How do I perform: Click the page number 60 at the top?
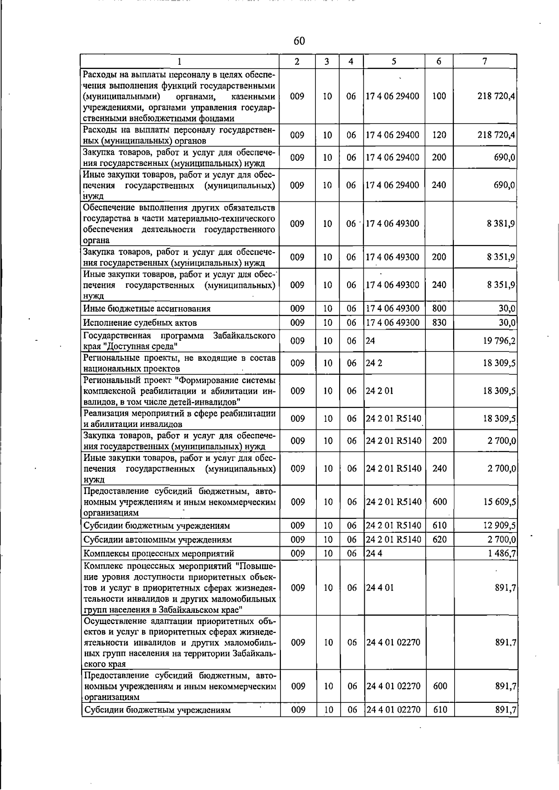coord(299,41)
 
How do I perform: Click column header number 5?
coord(394,61)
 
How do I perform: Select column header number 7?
coord(485,61)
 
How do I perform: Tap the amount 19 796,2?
coord(499,341)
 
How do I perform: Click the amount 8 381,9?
coord(501,224)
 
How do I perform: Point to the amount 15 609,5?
coord(499,502)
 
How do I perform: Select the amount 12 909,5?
coord(499,526)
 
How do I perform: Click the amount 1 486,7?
coord(501,554)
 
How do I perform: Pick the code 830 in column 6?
coord(439,323)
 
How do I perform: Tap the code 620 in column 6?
coord(439,540)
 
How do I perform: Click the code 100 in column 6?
coord(439,96)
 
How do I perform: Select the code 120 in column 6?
coord(439,135)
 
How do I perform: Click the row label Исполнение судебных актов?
coord(140,323)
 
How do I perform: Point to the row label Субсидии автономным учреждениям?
coord(157,540)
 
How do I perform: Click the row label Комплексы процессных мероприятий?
coord(158,554)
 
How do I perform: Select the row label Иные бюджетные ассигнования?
coord(147,309)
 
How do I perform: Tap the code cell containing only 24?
coord(370,341)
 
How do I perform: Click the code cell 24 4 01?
coord(380,588)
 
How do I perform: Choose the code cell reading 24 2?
coord(374,363)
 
